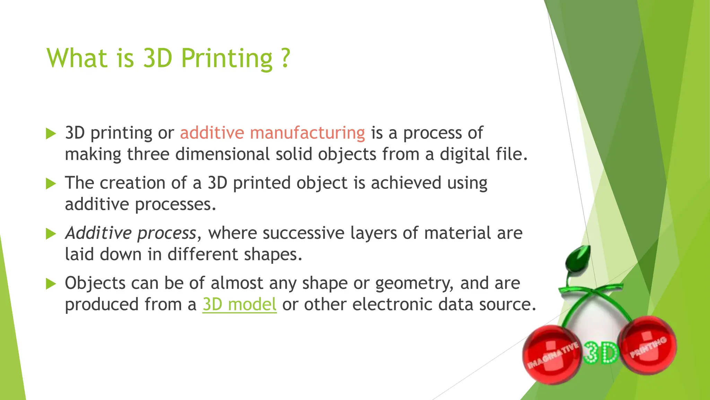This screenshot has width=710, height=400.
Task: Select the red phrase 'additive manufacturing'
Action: (x=272, y=133)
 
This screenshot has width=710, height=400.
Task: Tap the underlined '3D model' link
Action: (x=240, y=305)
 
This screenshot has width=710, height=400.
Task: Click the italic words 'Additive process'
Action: (x=131, y=233)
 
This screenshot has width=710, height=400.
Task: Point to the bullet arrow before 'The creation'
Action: (x=51, y=183)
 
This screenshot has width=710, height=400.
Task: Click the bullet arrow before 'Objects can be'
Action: (x=51, y=284)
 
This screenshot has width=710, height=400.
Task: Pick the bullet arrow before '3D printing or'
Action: (x=51, y=133)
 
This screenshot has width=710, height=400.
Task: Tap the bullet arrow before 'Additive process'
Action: (x=51, y=234)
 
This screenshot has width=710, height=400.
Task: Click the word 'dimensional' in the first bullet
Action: (x=222, y=154)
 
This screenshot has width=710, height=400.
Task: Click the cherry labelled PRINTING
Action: (x=649, y=345)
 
